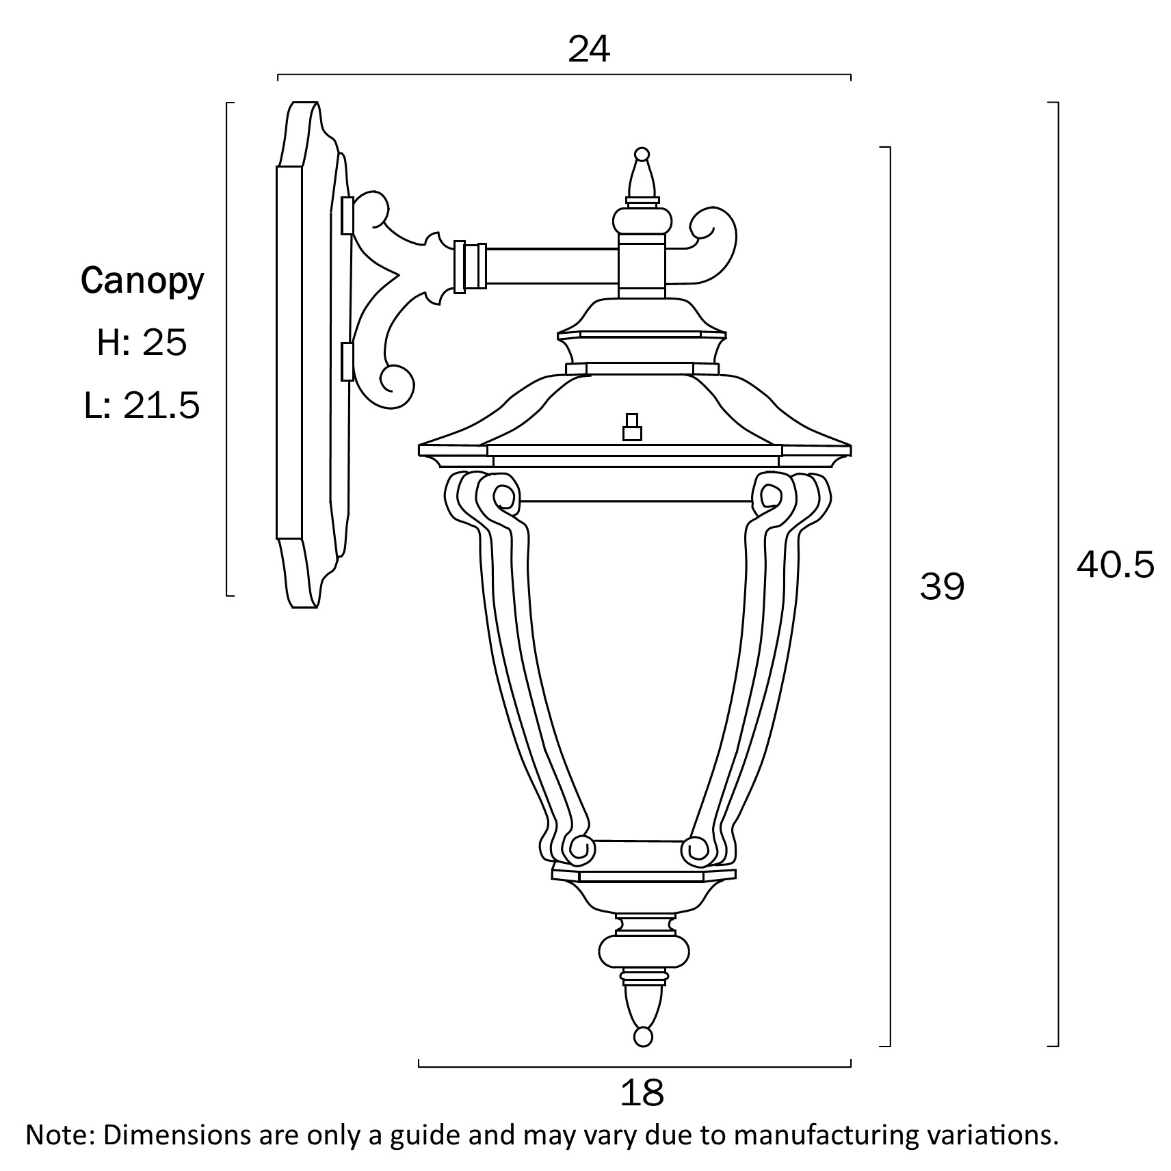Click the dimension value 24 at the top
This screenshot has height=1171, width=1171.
pyautogui.click(x=589, y=49)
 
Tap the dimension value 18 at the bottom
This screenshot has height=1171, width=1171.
pyautogui.click(x=642, y=1093)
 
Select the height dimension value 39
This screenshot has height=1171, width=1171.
pyautogui.click(x=942, y=587)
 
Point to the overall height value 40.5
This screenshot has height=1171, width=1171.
pyautogui.click(x=1116, y=565)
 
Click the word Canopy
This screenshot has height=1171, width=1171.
pyautogui.click(x=142, y=281)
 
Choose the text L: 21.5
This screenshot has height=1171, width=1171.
pyautogui.click(x=142, y=405)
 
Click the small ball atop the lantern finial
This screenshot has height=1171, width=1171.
pyautogui.click(x=642, y=154)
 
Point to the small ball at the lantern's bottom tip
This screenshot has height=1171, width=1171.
pyautogui.click(x=643, y=1036)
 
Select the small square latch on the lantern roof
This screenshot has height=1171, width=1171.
pyautogui.click(x=632, y=427)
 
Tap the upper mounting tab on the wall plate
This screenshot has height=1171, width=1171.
pyautogui.click(x=347, y=215)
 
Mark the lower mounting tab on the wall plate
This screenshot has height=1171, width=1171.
pyautogui.click(x=347, y=362)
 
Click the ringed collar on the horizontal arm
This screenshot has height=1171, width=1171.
pyautogui.click(x=470, y=267)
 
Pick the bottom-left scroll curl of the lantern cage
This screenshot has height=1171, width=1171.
pyautogui.click(x=579, y=850)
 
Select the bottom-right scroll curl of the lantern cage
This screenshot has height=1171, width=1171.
pyautogui.click(x=698, y=850)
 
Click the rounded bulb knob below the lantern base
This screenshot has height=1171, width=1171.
pyautogui.click(x=644, y=951)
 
